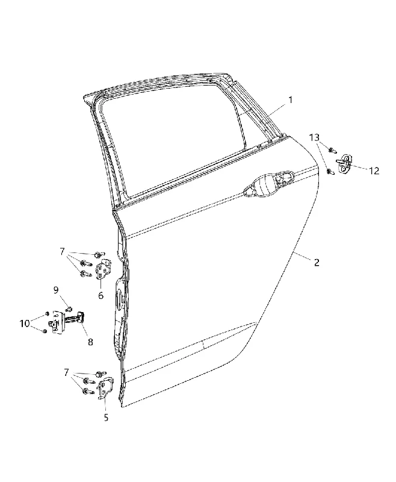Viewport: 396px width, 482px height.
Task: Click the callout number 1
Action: [x=290, y=100]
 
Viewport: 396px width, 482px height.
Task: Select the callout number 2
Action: [x=317, y=262]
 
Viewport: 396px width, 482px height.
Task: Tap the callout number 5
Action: [x=106, y=418]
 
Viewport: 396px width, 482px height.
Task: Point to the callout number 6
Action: [x=101, y=296]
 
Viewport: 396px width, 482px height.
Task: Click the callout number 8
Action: [x=90, y=342]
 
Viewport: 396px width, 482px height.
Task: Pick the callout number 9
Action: [x=56, y=290]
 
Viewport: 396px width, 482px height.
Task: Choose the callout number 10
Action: [x=25, y=324]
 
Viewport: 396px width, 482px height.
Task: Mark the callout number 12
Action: [x=374, y=171]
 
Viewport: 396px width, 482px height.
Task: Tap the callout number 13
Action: [x=314, y=137]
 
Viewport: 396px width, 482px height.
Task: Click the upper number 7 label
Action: [x=63, y=252]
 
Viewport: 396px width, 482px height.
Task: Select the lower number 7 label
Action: [x=66, y=372]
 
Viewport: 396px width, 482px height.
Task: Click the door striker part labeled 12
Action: [x=345, y=163]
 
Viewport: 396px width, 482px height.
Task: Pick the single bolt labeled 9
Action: [x=69, y=308]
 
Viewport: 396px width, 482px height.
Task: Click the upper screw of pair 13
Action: [x=332, y=151]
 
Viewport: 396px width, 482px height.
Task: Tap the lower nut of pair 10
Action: [x=45, y=331]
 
